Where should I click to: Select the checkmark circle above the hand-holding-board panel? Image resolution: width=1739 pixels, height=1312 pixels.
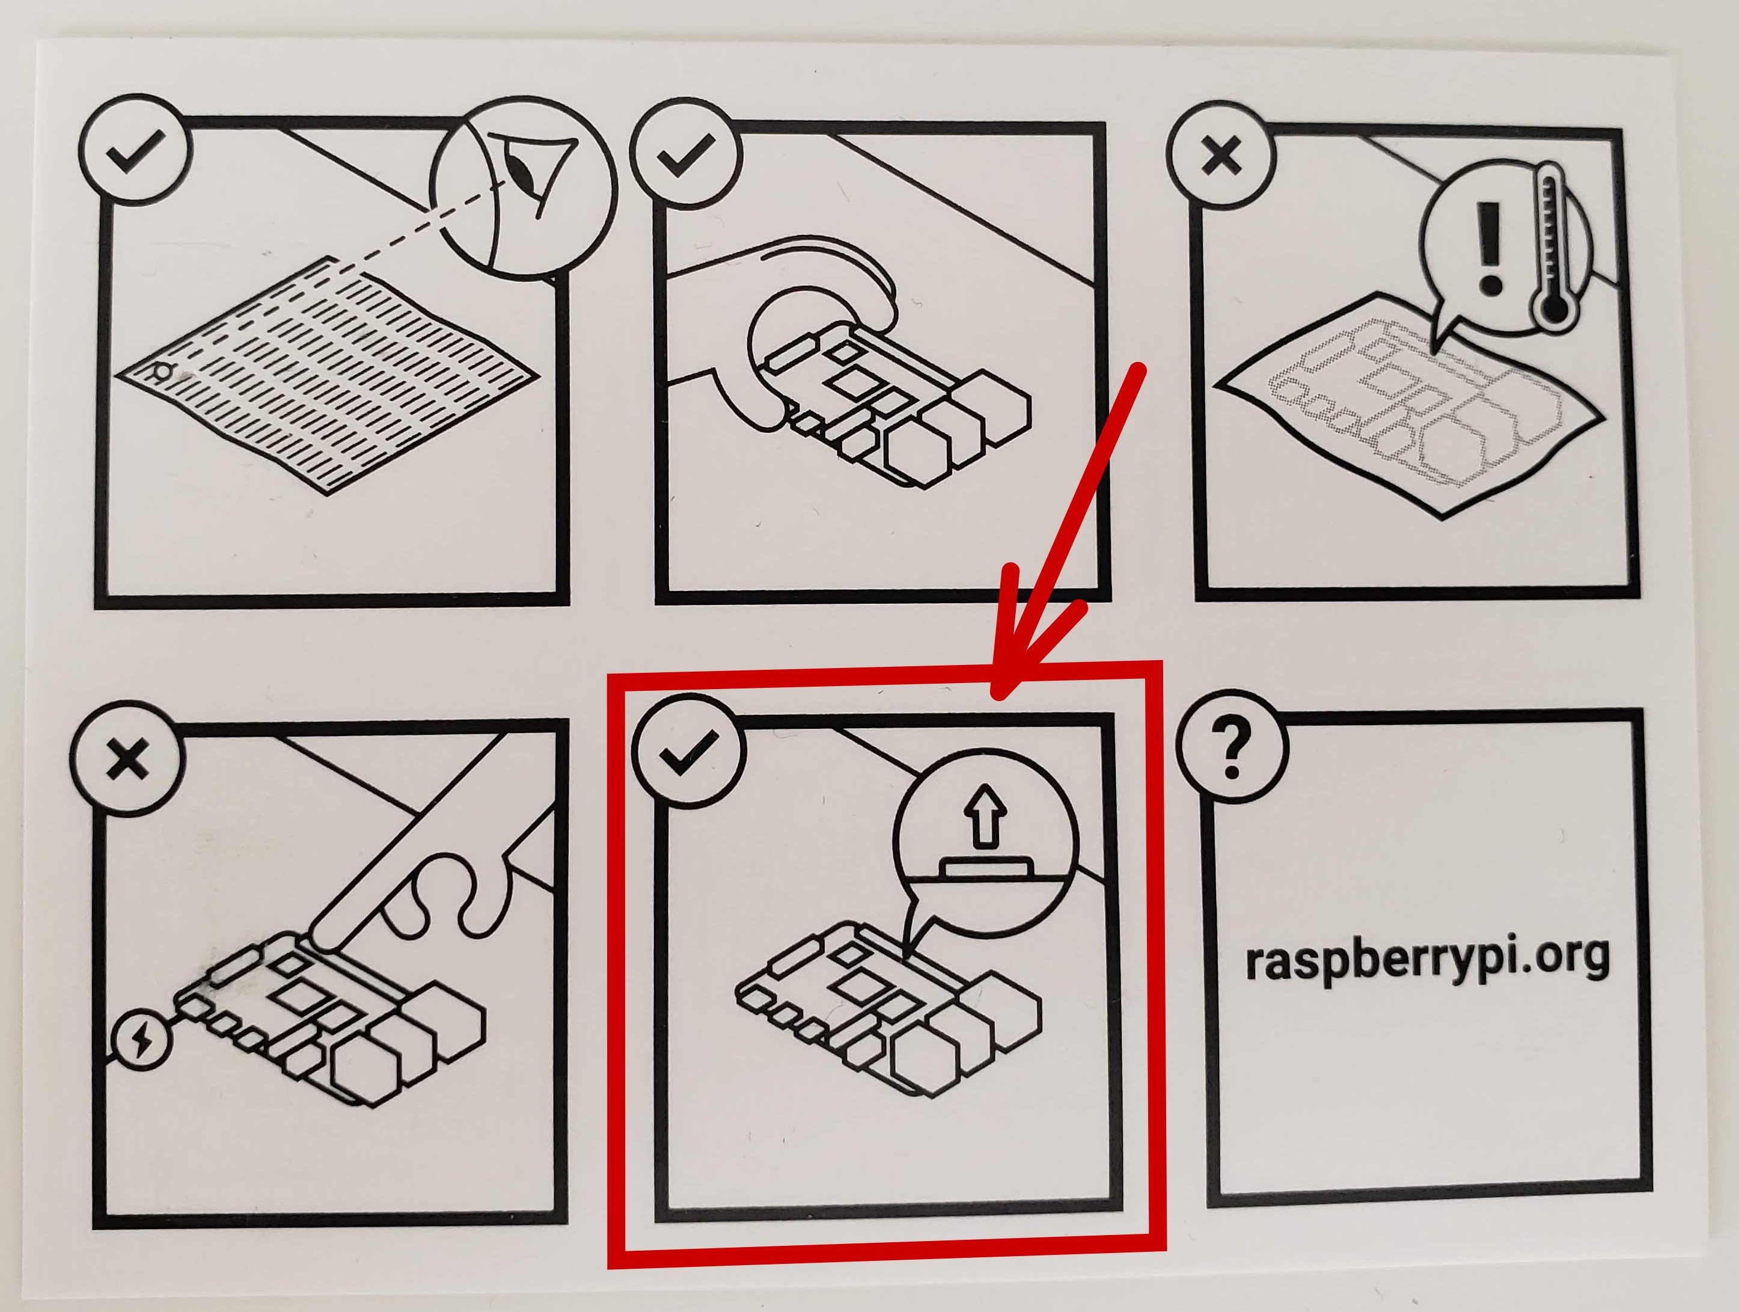[685, 153]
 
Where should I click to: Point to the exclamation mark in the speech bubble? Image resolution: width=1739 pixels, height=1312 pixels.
[1488, 247]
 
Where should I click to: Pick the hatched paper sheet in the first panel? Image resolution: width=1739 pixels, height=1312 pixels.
[330, 378]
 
